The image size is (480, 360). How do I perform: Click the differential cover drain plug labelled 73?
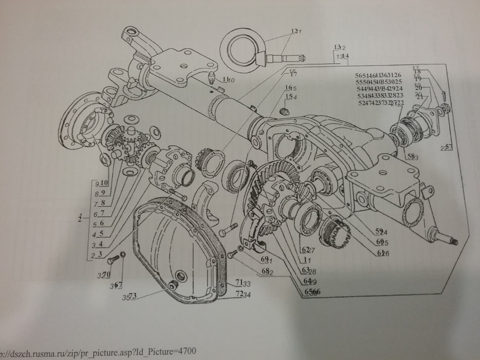[x=173, y=285]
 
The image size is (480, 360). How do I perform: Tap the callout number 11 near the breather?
[x=225, y=79]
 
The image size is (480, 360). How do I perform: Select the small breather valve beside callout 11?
[x=212, y=78]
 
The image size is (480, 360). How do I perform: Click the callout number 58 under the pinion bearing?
[x=410, y=156]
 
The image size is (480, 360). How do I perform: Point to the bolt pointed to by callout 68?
[x=231, y=255]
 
